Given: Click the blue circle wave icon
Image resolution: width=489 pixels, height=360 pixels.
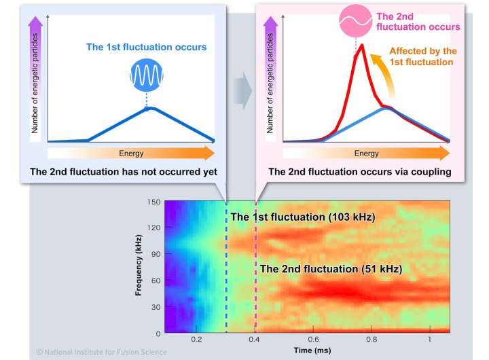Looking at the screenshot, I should coord(147,75).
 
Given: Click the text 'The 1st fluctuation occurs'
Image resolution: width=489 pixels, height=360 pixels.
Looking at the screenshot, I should coord(146,48).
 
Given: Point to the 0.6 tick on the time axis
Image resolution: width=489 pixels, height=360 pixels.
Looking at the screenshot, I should coord(313,338).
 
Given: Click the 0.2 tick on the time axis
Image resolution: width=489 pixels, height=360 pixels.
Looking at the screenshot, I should coord(196,338).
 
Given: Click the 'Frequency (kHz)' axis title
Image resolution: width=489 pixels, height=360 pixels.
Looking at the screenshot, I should coord(139,265).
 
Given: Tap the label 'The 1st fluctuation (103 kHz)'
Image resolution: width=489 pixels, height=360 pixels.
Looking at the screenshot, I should coord(302,217).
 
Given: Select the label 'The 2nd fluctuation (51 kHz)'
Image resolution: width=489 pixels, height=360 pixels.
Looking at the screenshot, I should coord(330,269).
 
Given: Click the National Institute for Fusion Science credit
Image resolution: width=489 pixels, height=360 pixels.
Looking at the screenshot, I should coord(101,352).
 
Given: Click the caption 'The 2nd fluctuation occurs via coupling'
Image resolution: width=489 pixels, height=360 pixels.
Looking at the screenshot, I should coord(360,172).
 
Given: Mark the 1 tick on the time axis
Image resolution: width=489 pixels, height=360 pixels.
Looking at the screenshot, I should coord(429,338).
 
